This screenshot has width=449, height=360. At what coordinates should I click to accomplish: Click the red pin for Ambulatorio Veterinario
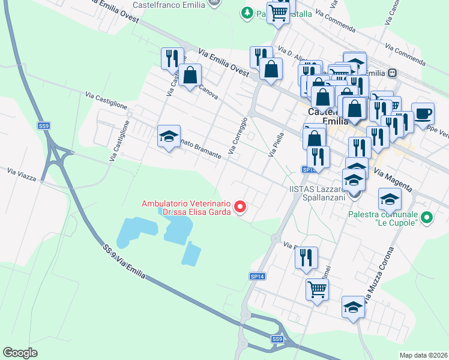[240, 208]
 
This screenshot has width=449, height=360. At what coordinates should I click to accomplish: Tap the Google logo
[20, 353]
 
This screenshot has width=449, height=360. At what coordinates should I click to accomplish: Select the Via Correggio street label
[238, 134]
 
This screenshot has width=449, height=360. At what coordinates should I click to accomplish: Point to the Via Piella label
[276, 146]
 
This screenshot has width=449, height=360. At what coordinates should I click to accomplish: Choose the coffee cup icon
[423, 113]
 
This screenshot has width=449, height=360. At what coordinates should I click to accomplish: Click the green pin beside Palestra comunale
[426, 217]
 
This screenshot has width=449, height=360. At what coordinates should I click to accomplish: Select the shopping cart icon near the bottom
[317, 289]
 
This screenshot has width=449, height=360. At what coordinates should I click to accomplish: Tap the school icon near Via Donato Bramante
[169, 136]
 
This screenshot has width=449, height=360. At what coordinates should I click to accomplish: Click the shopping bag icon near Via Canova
[190, 75]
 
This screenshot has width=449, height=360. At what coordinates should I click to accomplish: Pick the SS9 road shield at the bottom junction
[277, 340]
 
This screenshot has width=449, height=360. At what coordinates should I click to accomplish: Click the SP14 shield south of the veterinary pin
[257, 277]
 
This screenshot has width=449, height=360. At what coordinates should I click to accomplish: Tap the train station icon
[393, 73]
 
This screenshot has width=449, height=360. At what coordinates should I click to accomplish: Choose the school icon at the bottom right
[354, 307]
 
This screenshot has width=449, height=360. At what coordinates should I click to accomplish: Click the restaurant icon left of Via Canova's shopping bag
[172, 58]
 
